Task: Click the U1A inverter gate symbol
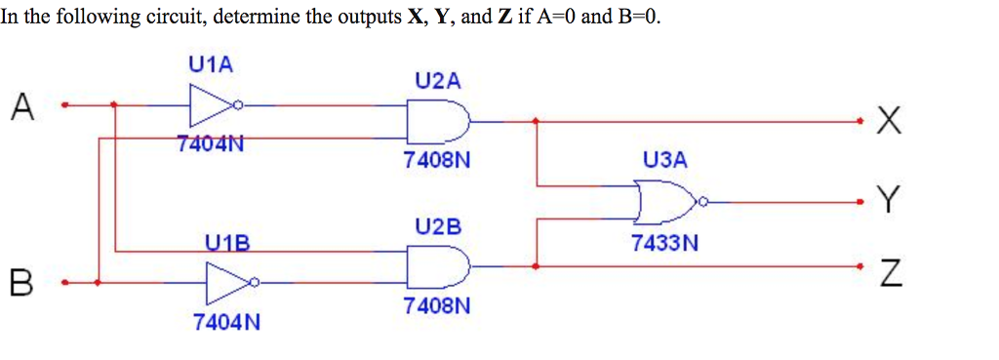coord(213,104)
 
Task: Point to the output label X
coord(887,123)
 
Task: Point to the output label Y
coord(886,202)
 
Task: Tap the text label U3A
coord(664,158)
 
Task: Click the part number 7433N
coord(664,244)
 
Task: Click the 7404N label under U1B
coord(226,321)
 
